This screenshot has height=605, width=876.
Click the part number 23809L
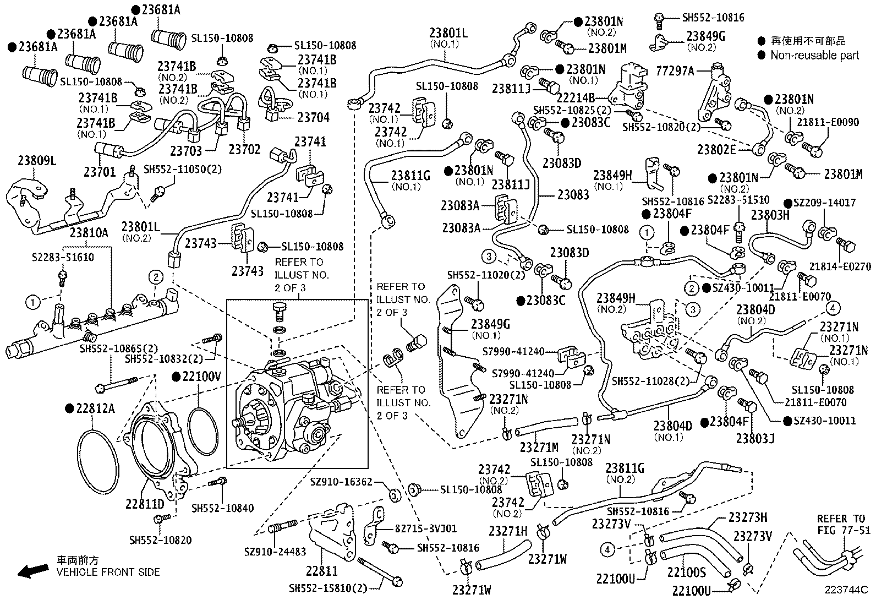pos(37,160)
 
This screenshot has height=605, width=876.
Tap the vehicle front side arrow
pos(32,571)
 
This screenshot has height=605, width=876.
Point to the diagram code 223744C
pos(845,590)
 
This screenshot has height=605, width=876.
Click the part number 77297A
pos(675,71)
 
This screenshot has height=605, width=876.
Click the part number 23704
pos(313,117)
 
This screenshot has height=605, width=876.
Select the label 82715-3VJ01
pos(425,528)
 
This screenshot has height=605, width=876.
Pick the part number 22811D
pos(144,504)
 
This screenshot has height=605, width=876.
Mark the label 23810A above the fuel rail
pos(89,232)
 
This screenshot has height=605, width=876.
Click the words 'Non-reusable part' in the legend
pos(814,55)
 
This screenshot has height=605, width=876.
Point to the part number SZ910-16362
pos(341,482)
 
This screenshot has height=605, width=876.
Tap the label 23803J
pos(755,439)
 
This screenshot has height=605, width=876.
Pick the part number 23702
pos(245,149)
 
